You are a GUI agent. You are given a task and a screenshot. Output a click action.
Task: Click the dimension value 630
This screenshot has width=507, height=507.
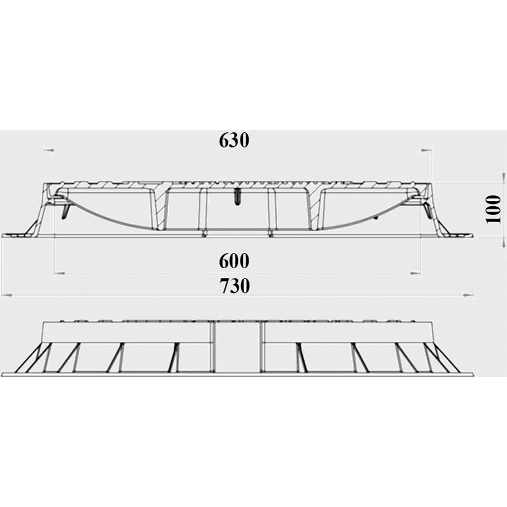pos(234,140)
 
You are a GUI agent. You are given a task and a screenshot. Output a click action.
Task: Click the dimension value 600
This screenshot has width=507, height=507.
pos(234,261)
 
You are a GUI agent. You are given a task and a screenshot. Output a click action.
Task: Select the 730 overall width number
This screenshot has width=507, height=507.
pos(234,286)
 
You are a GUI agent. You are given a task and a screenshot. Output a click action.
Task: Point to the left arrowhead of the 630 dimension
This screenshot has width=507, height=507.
pos(49,150)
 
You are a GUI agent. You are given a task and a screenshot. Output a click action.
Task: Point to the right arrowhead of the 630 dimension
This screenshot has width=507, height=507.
pos(425,150)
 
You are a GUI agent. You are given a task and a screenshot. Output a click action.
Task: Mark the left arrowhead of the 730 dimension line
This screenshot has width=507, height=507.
pos(6,295)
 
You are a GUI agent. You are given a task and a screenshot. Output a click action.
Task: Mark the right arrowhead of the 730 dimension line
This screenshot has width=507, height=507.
pos(469,295)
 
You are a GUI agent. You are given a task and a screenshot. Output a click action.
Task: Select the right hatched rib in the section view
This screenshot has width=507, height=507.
pos(314,208)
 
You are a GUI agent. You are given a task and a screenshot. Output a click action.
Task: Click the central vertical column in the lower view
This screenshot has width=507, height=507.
pos(237,349)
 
